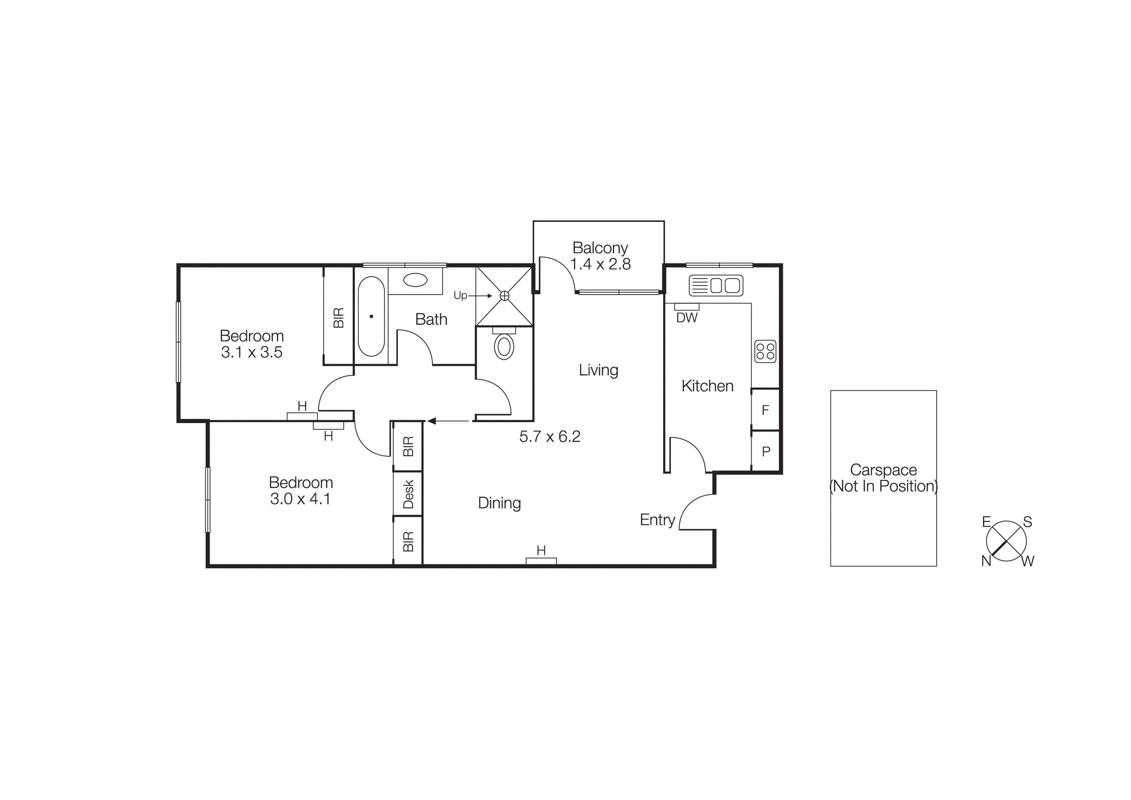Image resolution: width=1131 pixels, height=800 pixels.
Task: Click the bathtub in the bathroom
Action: point(371,316)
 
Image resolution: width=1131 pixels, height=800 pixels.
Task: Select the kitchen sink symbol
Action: point(716,285)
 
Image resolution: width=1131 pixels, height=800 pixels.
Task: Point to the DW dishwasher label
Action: point(687,318)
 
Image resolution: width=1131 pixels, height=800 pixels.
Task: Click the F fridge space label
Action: point(765,410)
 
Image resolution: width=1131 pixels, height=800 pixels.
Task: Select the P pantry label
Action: point(765,451)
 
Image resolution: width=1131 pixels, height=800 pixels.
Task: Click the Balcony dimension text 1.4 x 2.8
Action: point(600,264)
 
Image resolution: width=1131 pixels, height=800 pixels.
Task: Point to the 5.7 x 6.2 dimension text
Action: point(550,436)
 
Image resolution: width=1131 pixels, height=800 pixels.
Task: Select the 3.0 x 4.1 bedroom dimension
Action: point(300,499)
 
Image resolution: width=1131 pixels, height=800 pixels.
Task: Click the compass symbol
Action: point(1006,541)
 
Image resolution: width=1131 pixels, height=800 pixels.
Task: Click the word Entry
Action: point(657,520)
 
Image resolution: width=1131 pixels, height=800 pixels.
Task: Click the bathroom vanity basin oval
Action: point(415,280)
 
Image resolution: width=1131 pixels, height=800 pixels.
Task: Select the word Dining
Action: point(499,503)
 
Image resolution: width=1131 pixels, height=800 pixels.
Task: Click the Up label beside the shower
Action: point(460,295)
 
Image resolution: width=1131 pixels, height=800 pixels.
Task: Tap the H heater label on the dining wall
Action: point(541,551)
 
